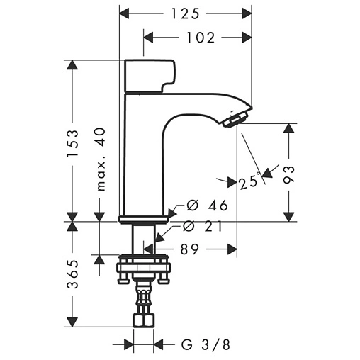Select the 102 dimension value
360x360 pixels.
tap(201, 38)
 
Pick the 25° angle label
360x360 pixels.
tap(248, 183)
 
